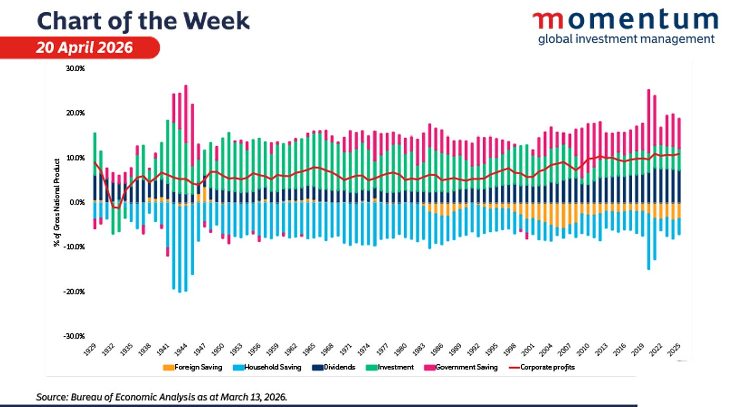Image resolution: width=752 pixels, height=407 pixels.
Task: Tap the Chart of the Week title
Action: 143,21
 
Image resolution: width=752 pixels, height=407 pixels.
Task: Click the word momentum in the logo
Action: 625,20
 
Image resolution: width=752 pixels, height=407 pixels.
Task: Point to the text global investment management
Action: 626,39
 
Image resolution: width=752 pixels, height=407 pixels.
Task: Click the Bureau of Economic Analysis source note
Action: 161,397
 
